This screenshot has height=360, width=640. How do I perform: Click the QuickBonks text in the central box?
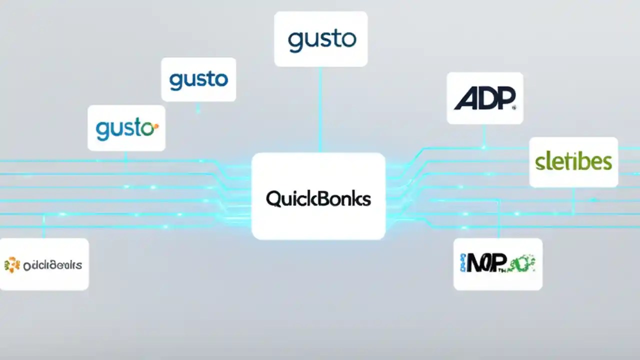(x=318, y=198)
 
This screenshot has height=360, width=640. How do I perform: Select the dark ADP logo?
(x=483, y=98)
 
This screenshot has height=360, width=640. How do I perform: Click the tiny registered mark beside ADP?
(x=514, y=106)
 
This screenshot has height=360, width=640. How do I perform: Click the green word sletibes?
(x=573, y=161)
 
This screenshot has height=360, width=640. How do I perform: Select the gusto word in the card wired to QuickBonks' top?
(x=321, y=40)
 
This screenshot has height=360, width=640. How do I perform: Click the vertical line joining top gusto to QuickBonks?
(x=320, y=110)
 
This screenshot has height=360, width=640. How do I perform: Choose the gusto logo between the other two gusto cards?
(x=198, y=80)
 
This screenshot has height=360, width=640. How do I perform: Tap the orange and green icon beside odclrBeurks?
(x=12, y=264)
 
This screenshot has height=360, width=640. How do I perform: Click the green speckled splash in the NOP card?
(x=523, y=262)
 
